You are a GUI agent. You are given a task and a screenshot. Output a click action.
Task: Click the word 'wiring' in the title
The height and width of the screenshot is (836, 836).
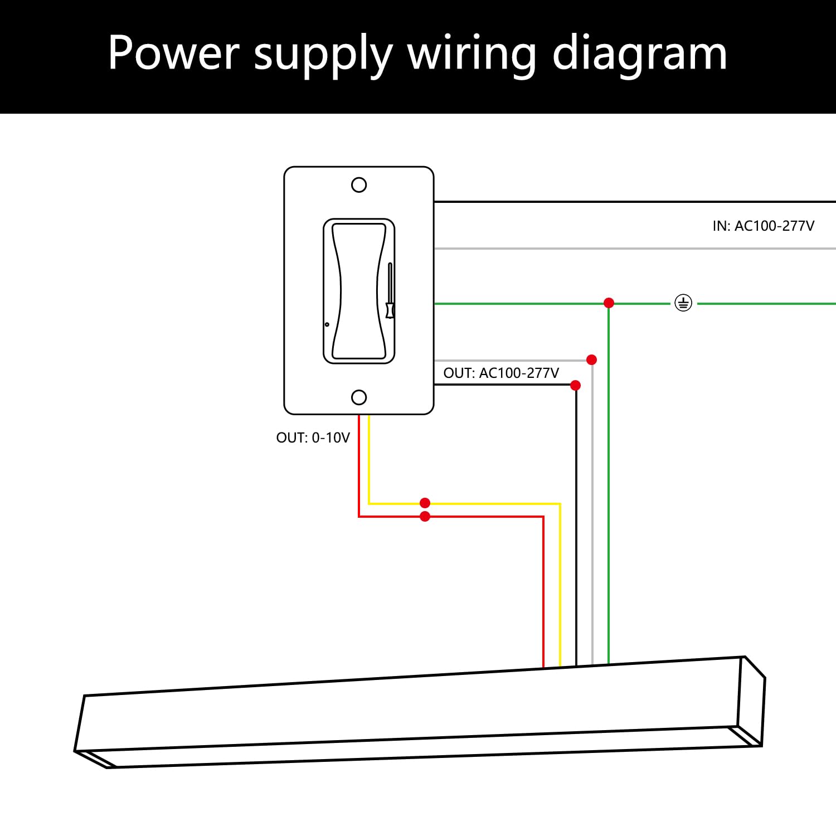tap(472, 54)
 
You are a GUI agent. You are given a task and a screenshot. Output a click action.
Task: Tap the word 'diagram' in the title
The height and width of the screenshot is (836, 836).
tap(639, 54)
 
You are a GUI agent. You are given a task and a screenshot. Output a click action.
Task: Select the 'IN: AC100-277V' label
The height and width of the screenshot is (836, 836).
tap(763, 226)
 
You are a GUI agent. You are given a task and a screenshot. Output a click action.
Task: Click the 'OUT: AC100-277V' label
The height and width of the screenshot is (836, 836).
tap(500, 373)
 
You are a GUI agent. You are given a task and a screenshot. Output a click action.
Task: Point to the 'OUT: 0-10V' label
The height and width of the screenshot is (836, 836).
tap(313, 438)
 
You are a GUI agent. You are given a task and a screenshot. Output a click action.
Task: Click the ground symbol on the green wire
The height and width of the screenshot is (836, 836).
tap(683, 303)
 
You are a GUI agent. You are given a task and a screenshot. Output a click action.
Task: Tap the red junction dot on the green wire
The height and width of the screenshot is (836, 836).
tap(609, 303)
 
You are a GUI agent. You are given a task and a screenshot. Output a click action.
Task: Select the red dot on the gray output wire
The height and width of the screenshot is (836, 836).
tap(592, 359)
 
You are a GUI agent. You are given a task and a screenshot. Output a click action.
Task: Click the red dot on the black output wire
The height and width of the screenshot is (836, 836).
tap(576, 385)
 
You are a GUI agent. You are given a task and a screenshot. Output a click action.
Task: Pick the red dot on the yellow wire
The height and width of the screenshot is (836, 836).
tap(425, 503)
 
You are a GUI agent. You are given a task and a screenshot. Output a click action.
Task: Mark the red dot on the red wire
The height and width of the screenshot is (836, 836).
tap(425, 517)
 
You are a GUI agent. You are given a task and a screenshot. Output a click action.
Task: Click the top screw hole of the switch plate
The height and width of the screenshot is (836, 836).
tap(359, 185)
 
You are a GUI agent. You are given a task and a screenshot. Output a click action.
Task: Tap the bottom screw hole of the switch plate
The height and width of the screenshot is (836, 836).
tap(359, 397)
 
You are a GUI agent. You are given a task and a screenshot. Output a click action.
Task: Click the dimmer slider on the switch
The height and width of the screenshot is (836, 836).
tap(390, 309)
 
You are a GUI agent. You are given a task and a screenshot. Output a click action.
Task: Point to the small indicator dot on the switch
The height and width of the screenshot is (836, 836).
tap(327, 324)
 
